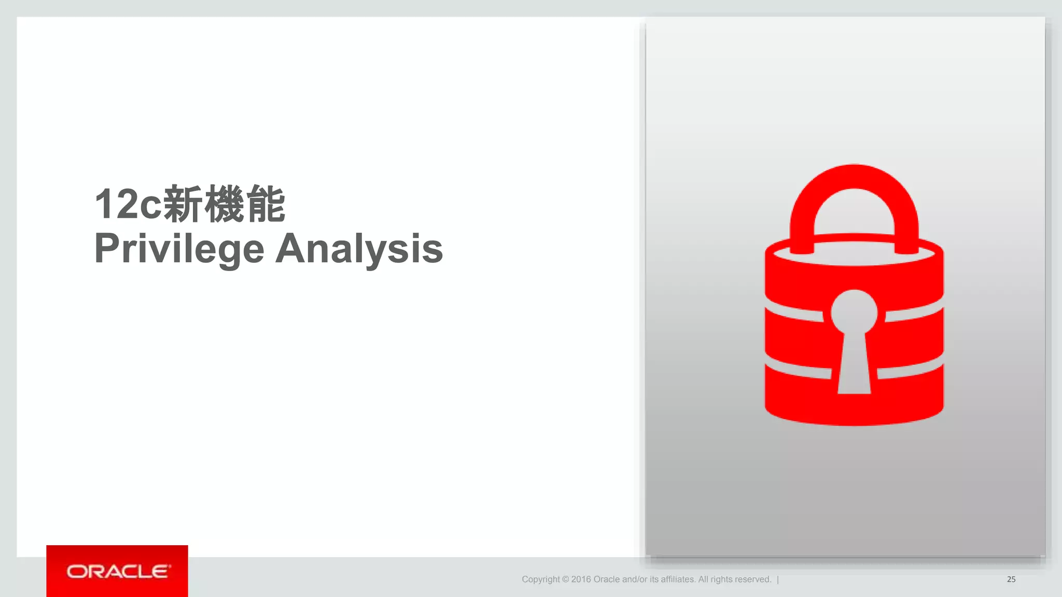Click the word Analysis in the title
pos(359,249)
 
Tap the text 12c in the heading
pos(128,204)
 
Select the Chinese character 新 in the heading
pos(183,204)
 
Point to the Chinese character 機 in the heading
pos(224,204)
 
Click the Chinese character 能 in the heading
pos(265,204)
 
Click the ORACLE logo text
pos(118,572)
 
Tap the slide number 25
pos(1011,579)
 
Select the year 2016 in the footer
pos(581,579)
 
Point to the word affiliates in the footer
pos(677,579)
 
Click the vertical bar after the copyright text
pos(778,579)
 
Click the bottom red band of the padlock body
pos(854,407)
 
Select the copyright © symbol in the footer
pos(565,579)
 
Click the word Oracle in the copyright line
pos(606,579)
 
